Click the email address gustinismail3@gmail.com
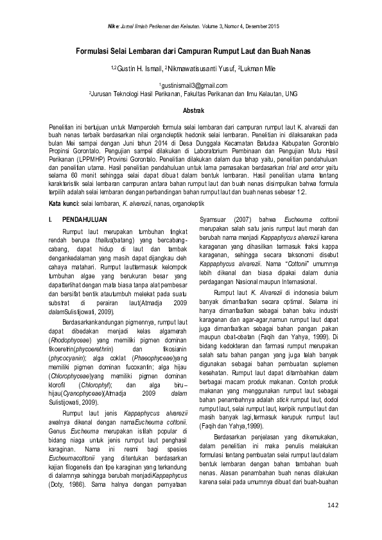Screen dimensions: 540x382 tap(193, 85)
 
